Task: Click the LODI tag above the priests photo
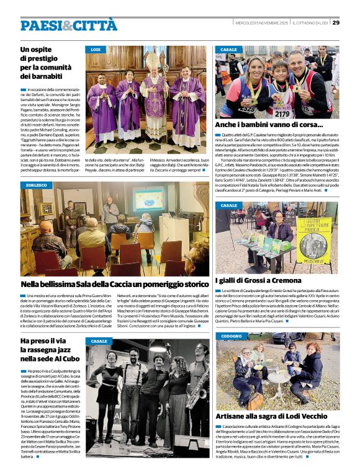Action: [x=96, y=49]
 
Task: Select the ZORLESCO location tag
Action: [x=37, y=185]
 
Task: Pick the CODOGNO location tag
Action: [x=232, y=336]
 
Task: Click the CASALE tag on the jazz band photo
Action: [x=99, y=341]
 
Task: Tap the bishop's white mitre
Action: [x=152, y=61]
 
